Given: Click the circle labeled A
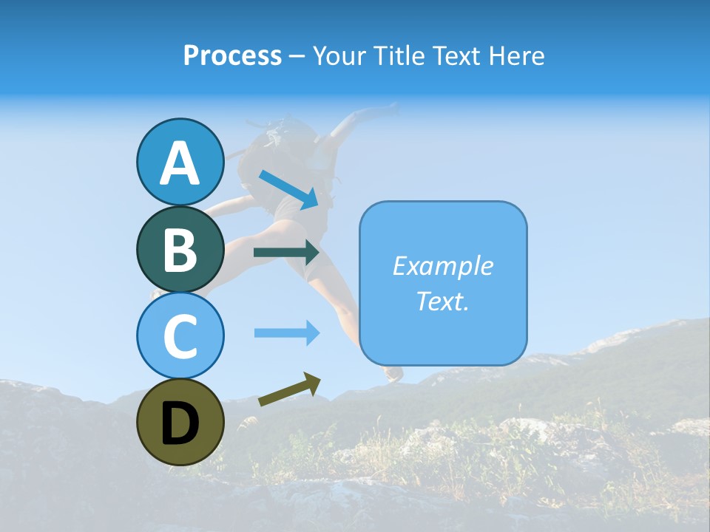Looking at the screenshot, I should point(180,162).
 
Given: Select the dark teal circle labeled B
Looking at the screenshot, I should point(180,249).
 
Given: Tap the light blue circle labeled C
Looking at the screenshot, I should point(180,335).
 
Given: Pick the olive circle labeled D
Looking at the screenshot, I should point(180,422).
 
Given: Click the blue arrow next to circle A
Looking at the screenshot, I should point(290,188).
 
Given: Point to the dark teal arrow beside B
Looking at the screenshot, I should point(287,253).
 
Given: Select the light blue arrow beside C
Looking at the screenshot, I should point(287,333).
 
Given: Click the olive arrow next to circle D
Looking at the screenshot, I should point(290,389).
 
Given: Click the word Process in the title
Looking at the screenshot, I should point(232,56).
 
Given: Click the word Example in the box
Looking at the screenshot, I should point(442,266).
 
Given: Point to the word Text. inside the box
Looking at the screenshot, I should point(442,301).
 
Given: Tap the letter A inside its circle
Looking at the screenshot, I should point(180,163).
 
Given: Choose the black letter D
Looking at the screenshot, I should point(180,423).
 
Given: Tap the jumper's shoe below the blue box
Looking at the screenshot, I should point(393,374).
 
